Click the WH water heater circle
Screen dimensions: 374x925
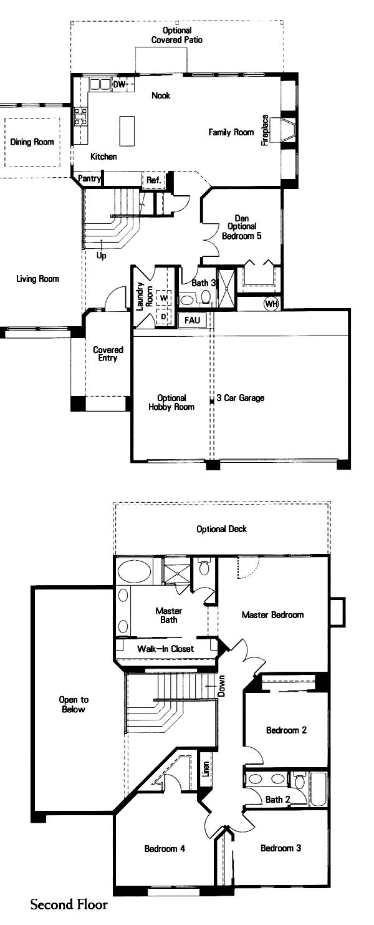271,304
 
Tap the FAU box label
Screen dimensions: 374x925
192,320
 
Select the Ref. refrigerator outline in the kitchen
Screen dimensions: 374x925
153,180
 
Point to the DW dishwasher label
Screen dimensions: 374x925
119,85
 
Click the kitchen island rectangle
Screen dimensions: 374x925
127,130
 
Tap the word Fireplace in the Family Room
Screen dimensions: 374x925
265,130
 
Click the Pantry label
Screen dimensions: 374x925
89,178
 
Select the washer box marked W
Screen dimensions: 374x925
164,297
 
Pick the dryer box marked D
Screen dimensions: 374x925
164,317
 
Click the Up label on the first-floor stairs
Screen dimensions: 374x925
101,256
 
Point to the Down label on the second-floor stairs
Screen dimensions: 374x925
221,686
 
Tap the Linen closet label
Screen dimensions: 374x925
206,769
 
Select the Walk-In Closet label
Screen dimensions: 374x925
165,648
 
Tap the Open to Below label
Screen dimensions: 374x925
74,704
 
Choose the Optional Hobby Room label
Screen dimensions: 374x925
171,402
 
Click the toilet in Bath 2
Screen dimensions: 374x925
299,782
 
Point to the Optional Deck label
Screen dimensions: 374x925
222,529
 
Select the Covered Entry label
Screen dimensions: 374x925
108,354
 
